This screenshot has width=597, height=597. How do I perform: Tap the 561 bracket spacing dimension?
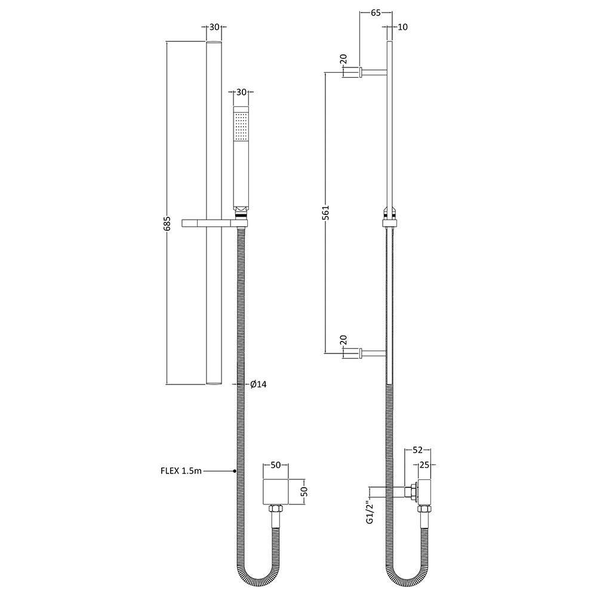(326, 213)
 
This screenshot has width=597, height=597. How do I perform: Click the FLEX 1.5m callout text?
(181, 471)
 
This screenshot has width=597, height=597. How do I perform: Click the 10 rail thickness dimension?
(402, 27)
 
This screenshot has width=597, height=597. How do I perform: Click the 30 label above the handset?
(241, 92)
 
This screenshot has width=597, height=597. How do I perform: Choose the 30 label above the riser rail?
(214, 27)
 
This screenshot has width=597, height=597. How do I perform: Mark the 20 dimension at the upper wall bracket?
(343, 60)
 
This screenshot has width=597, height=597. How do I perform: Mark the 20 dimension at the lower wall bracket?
(343, 340)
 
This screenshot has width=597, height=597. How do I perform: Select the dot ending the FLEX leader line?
(235, 471)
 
